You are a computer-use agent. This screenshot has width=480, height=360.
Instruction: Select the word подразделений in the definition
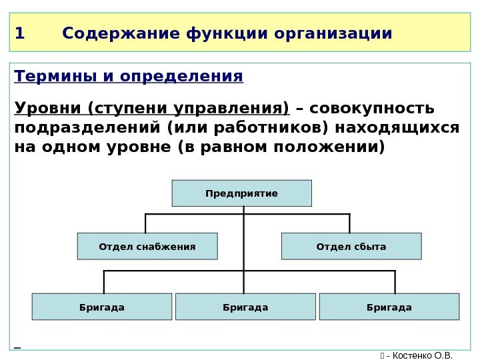point(87,127)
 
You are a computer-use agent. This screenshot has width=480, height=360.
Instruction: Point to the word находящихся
point(398,127)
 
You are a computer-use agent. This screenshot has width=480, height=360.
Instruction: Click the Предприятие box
point(241,193)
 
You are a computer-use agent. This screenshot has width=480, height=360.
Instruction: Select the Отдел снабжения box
point(147,246)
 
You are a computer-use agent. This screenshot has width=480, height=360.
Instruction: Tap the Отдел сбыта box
point(351,246)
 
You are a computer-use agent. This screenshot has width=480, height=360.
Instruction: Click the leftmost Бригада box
point(101,307)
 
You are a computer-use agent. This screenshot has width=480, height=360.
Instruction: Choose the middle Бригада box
point(245,307)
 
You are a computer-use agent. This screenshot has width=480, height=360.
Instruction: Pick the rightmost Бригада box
point(389,307)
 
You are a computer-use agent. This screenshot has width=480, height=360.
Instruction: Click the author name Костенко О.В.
point(424,354)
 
